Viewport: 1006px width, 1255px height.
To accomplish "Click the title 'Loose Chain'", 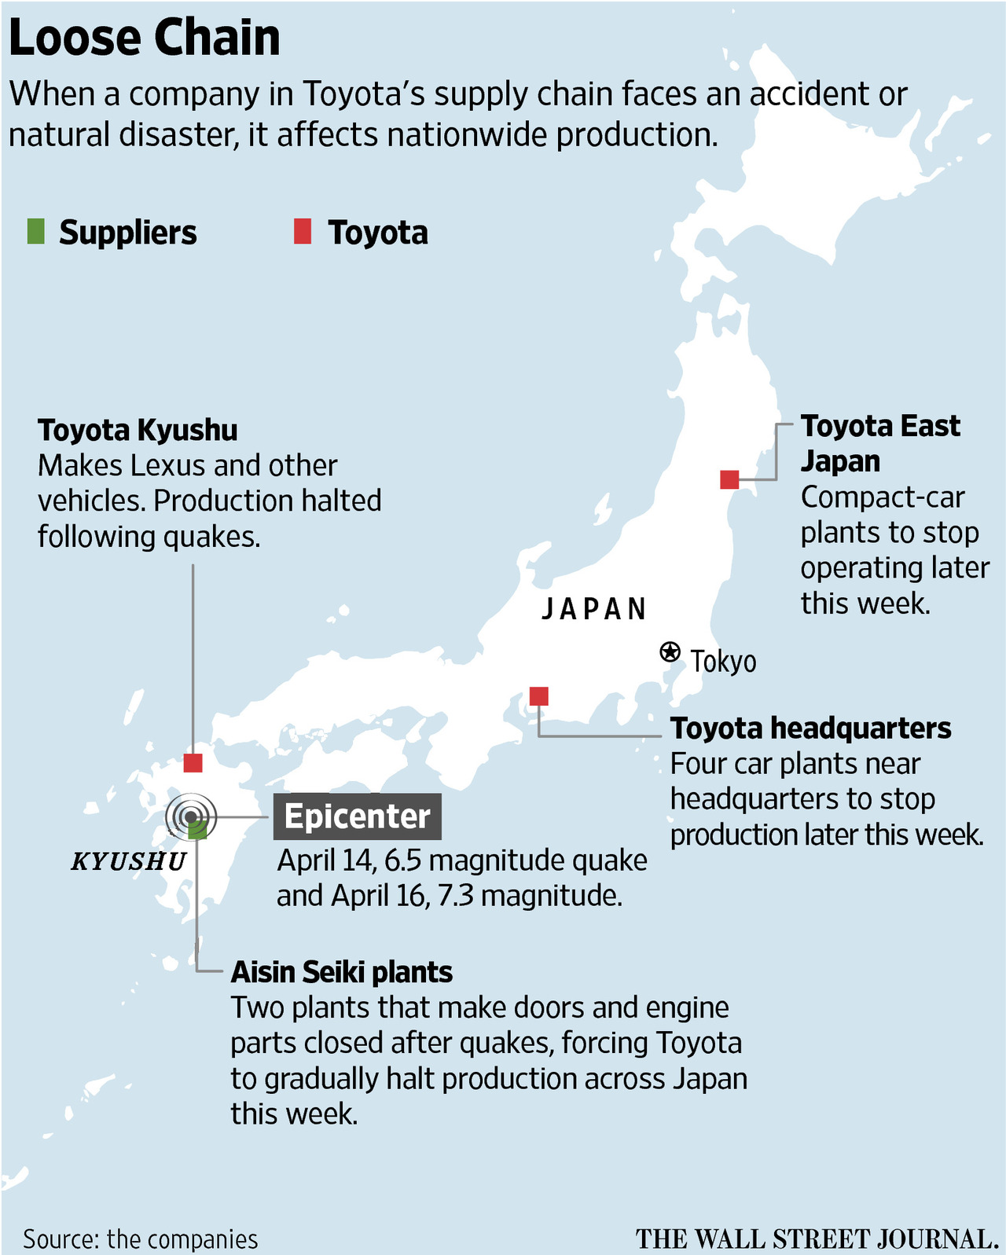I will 145,38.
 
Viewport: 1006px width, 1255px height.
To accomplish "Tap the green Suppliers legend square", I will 35,232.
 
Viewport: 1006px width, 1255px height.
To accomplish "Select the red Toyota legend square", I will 303,232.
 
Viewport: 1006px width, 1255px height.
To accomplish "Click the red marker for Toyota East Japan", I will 729,479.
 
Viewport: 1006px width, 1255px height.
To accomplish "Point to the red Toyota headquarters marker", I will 538,695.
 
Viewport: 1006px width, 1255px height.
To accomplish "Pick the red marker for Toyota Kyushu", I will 193,762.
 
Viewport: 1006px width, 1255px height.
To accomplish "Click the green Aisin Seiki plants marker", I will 198,830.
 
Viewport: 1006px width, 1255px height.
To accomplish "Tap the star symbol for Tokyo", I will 669,651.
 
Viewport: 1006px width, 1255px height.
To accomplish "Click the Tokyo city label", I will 723,662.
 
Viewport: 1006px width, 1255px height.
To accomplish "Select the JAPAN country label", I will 594,609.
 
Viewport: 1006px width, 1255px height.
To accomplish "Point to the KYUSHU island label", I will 129,861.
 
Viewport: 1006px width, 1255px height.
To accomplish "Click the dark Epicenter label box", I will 357,816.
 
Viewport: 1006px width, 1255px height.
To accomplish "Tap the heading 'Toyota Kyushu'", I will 138,430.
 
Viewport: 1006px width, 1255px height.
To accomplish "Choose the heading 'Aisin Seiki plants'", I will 341,972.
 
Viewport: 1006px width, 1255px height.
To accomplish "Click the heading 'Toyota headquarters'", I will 810,728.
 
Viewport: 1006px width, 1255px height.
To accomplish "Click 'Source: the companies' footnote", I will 140,1238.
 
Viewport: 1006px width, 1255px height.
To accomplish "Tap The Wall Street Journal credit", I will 817,1238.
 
